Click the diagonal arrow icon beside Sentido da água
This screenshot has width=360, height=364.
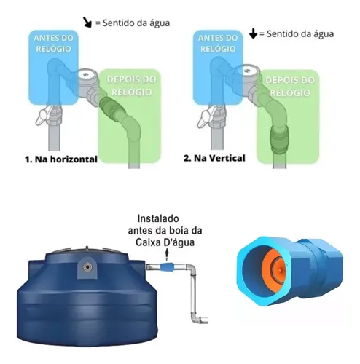[87, 22]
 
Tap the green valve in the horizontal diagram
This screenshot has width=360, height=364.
[112, 111]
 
